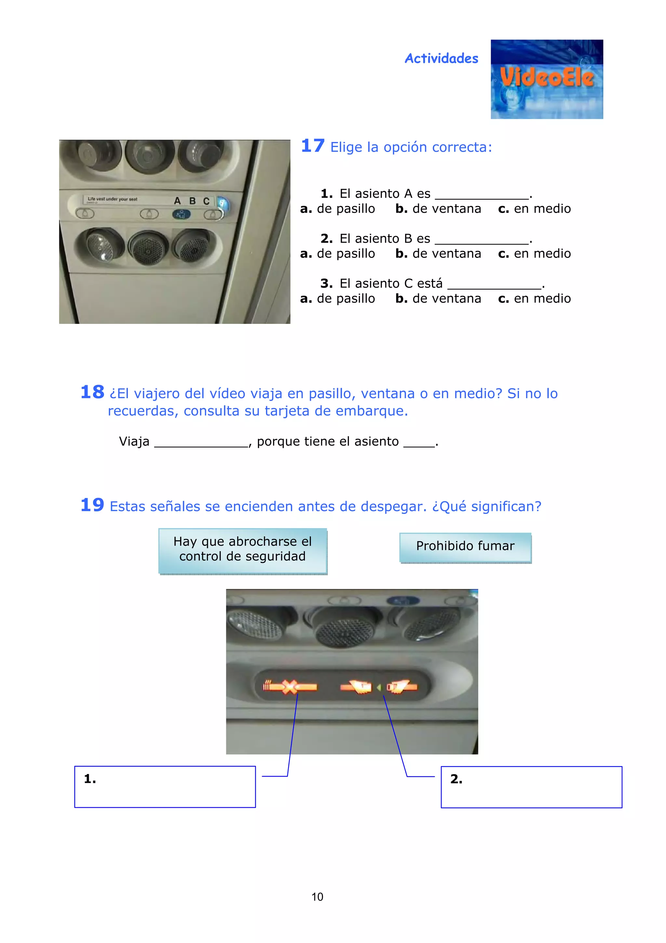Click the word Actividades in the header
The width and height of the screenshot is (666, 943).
(441, 58)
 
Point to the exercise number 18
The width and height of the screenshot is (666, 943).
(92, 392)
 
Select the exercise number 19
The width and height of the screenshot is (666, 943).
(92, 505)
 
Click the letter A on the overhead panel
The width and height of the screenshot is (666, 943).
(177, 201)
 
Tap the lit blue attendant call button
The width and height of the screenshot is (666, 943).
(181, 214)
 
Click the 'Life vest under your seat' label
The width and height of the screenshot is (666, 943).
(113, 199)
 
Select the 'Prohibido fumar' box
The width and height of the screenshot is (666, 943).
(465, 547)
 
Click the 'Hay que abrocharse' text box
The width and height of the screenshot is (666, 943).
(243, 549)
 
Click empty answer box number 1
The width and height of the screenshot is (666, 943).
(165, 786)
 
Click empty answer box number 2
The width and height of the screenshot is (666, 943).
(531, 786)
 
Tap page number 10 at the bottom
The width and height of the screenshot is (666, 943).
(317, 896)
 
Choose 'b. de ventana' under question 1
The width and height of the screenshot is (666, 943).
(438, 209)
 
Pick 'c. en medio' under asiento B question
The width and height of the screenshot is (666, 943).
(534, 254)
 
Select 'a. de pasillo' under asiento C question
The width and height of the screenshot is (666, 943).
(337, 298)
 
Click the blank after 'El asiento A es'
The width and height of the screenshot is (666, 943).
(481, 194)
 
